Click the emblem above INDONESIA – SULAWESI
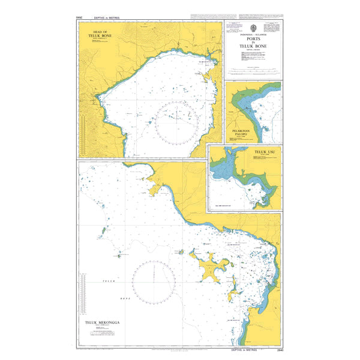click(x=252, y=28)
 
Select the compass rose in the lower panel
click(x=154, y=281)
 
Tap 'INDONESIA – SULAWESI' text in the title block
click(x=252, y=36)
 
